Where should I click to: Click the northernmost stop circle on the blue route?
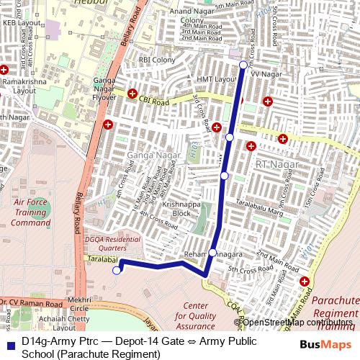tap(243, 65)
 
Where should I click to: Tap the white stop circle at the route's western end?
tap(117, 270)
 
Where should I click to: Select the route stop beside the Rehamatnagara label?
tap(212, 252)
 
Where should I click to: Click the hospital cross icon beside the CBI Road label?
tap(132, 94)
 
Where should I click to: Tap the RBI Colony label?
tap(157, 60)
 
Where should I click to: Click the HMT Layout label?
tap(215, 78)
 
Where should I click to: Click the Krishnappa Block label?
tap(176, 209)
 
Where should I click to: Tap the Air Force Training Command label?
tap(30, 212)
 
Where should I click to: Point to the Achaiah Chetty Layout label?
tap(64, 322)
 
